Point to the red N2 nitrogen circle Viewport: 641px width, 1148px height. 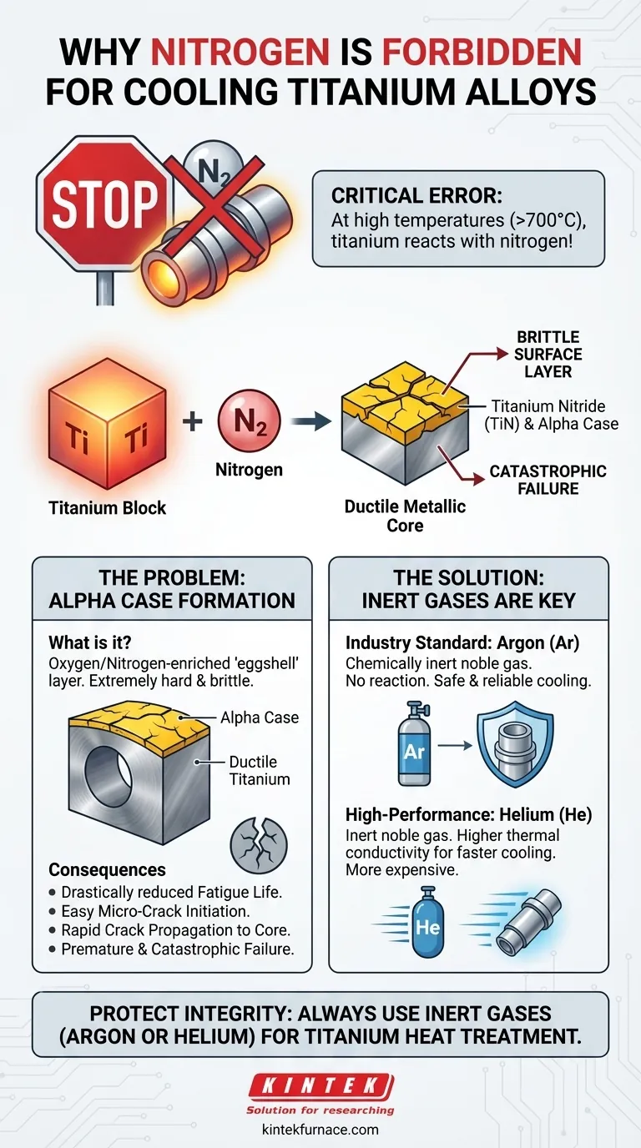click(x=249, y=420)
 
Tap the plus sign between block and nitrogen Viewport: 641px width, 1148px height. click(x=193, y=420)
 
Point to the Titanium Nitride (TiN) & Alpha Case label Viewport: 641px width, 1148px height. click(x=554, y=415)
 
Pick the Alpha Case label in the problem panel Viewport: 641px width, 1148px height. click(x=260, y=717)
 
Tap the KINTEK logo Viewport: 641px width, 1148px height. click(x=320, y=1086)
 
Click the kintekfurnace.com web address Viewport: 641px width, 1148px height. click(x=320, y=1130)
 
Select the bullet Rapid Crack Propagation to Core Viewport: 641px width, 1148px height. click(x=171, y=930)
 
